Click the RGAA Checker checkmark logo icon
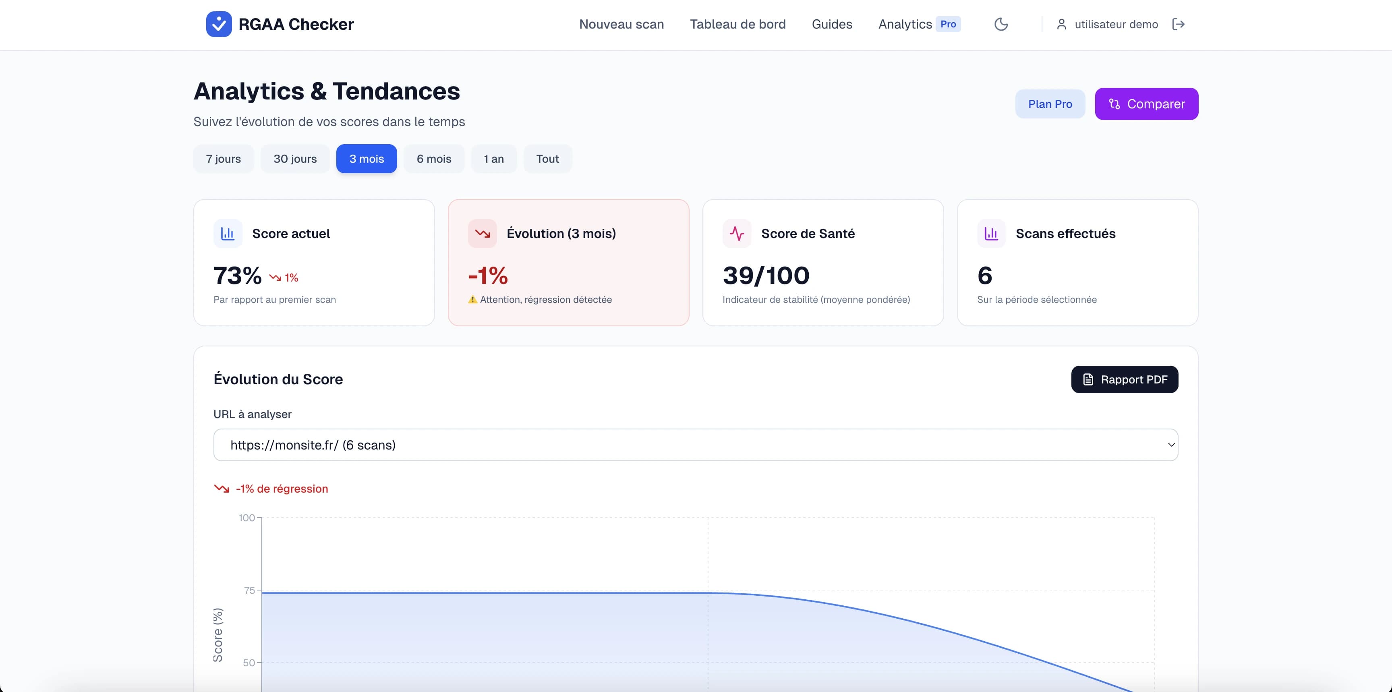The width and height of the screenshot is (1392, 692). pyautogui.click(x=219, y=24)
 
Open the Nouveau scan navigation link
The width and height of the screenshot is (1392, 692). pyautogui.click(x=621, y=24)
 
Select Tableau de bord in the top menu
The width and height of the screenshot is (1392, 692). pyautogui.click(x=737, y=24)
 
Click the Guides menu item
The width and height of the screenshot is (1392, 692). pyautogui.click(x=832, y=24)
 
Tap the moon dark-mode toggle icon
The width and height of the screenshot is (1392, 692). pyautogui.click(x=1001, y=24)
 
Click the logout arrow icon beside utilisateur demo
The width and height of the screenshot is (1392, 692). pyautogui.click(x=1178, y=24)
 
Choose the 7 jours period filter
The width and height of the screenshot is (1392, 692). pyautogui.click(x=223, y=159)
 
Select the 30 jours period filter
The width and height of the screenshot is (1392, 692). pyautogui.click(x=295, y=159)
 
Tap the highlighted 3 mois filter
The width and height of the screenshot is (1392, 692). pyautogui.click(x=367, y=159)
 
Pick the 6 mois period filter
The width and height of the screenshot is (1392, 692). pyautogui.click(x=434, y=159)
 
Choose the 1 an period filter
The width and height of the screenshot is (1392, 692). pyautogui.click(x=493, y=159)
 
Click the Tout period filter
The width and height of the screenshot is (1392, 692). pyautogui.click(x=547, y=159)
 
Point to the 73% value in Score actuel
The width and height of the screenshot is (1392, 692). pyautogui.click(x=237, y=276)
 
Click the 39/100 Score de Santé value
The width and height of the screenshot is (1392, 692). pyautogui.click(x=766, y=276)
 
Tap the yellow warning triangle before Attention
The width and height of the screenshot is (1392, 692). pyautogui.click(x=472, y=300)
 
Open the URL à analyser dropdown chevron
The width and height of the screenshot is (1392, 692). pyautogui.click(x=1171, y=445)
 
